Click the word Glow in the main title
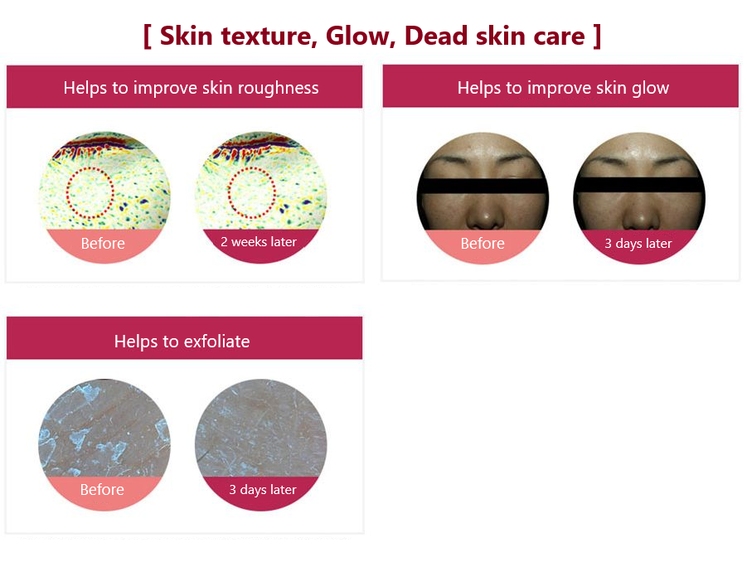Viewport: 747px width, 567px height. tap(360, 36)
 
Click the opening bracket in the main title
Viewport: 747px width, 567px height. tap(148, 36)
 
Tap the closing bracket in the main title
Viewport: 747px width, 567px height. tap(597, 36)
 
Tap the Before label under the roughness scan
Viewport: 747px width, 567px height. tap(103, 244)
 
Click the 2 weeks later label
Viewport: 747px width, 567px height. tap(259, 242)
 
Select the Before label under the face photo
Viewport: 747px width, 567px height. tap(483, 244)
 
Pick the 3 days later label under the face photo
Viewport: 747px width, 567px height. tap(638, 244)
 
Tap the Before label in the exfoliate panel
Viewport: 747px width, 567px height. tap(102, 490)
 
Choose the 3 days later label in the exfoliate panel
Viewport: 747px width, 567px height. tap(263, 490)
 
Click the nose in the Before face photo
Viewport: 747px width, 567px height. tap(485, 214)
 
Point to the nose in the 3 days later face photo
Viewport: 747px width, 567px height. tap(641, 214)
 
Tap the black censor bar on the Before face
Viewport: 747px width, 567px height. tap(483, 187)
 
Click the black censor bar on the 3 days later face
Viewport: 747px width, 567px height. tap(639, 185)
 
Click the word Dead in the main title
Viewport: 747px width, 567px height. tap(436, 36)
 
